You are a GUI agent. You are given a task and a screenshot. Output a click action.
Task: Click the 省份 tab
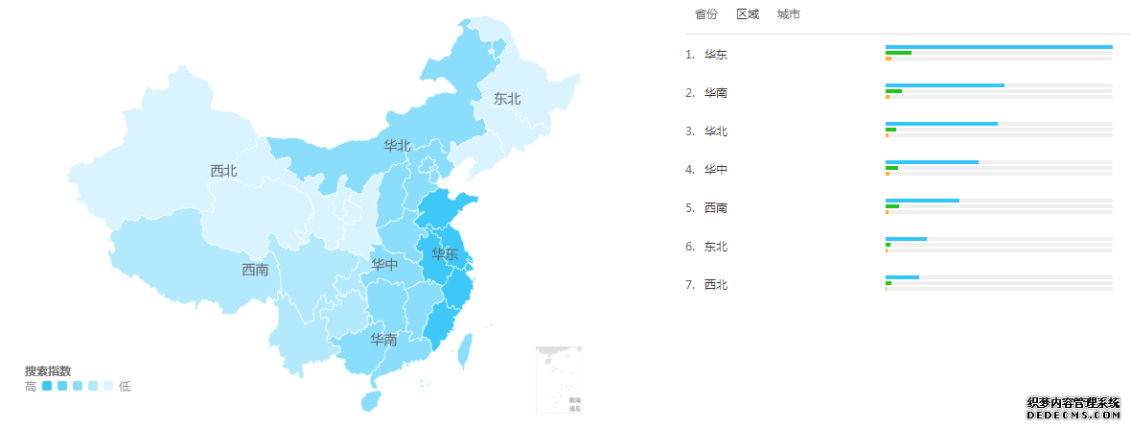click(706, 14)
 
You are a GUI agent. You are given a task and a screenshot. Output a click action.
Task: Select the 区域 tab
click(748, 14)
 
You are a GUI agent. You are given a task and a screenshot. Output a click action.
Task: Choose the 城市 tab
click(789, 14)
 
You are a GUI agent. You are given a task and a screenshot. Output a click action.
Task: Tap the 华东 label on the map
click(445, 254)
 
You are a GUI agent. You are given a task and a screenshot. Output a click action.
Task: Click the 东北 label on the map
click(507, 99)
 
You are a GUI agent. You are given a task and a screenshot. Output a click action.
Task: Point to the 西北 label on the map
click(223, 171)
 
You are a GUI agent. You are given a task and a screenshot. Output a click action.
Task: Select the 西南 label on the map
click(255, 270)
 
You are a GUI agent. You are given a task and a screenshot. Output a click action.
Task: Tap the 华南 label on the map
click(384, 340)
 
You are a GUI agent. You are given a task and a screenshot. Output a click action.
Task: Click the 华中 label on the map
click(384, 265)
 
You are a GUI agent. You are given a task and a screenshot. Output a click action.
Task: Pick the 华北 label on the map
click(397, 146)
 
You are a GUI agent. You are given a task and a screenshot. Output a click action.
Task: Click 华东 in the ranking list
click(715, 55)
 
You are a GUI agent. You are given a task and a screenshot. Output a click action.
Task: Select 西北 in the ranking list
click(715, 285)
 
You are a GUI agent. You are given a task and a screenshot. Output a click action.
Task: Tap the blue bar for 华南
click(944, 85)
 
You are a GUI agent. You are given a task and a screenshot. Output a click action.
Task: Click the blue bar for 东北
click(906, 239)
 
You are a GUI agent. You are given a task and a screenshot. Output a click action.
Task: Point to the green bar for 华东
click(898, 53)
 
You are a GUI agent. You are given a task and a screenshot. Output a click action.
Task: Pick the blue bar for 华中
click(932, 162)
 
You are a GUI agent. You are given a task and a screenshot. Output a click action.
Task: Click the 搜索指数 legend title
click(48, 371)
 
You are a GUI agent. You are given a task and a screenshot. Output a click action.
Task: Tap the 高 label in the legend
click(31, 386)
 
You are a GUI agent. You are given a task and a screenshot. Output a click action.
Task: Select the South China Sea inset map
click(559, 379)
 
